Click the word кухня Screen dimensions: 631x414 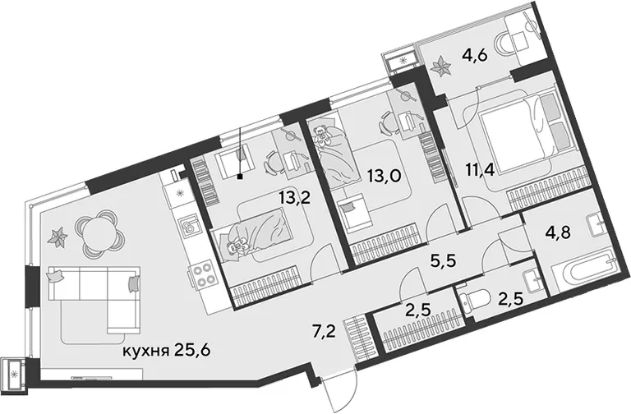[145, 351]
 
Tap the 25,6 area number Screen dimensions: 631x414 [193, 351]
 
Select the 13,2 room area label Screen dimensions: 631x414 [296, 198]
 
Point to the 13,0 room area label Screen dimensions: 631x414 [385, 177]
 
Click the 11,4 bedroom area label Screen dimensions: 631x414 [481, 170]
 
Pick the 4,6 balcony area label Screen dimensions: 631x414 [475, 55]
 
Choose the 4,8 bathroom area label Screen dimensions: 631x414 [557, 233]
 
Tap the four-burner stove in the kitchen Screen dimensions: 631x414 [202, 276]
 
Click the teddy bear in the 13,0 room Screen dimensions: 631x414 [322, 136]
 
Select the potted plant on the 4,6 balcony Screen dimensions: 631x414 [441, 66]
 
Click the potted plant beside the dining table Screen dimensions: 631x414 [58, 237]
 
